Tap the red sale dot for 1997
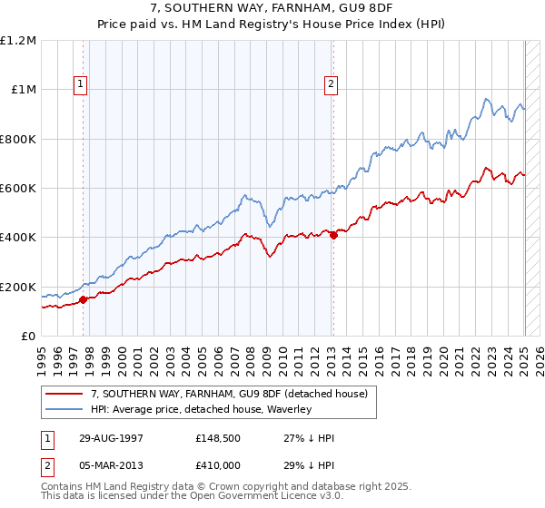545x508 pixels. click(83, 298)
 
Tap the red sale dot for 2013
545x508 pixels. click(332, 235)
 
